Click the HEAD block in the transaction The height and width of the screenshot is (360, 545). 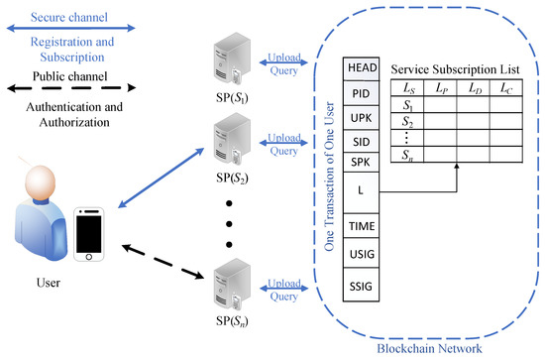(x=358, y=67)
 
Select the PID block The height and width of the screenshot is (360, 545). (x=358, y=93)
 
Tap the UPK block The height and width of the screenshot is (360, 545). (x=358, y=118)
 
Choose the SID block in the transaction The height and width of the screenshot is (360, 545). (x=358, y=142)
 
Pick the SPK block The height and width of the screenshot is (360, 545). (x=358, y=162)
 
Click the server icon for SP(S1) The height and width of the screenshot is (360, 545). (x=234, y=63)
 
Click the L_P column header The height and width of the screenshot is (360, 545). (x=443, y=89)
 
